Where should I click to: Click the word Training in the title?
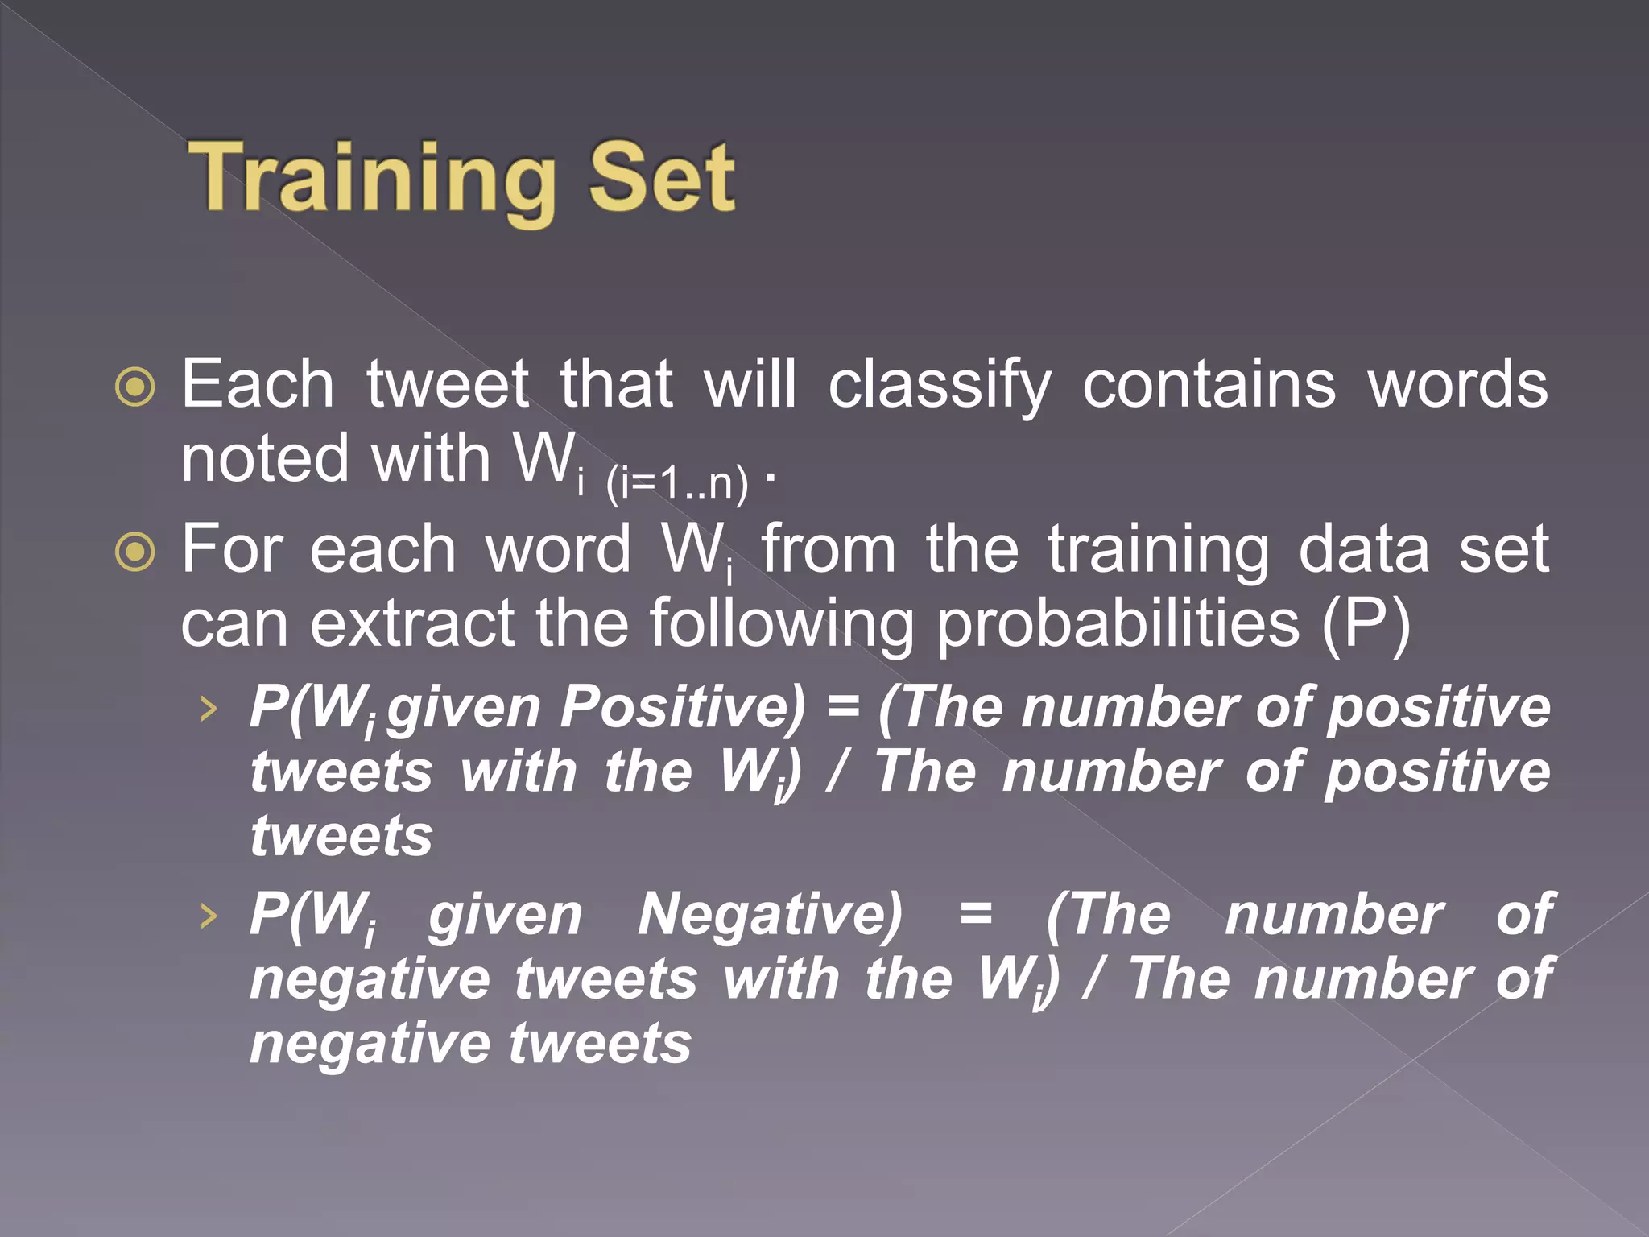(372, 179)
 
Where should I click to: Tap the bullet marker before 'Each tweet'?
(135, 387)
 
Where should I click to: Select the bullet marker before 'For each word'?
(135, 552)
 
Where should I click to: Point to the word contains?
(1209, 385)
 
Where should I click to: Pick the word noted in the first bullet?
(265, 459)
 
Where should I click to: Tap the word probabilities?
(1118, 624)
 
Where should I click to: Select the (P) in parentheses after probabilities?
(1366, 624)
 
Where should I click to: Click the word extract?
(412, 624)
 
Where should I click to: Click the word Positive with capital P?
(682, 707)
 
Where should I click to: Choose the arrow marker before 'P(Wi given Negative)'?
(209, 916)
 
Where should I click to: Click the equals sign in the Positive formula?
(843, 707)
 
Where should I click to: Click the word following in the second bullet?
(782, 624)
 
